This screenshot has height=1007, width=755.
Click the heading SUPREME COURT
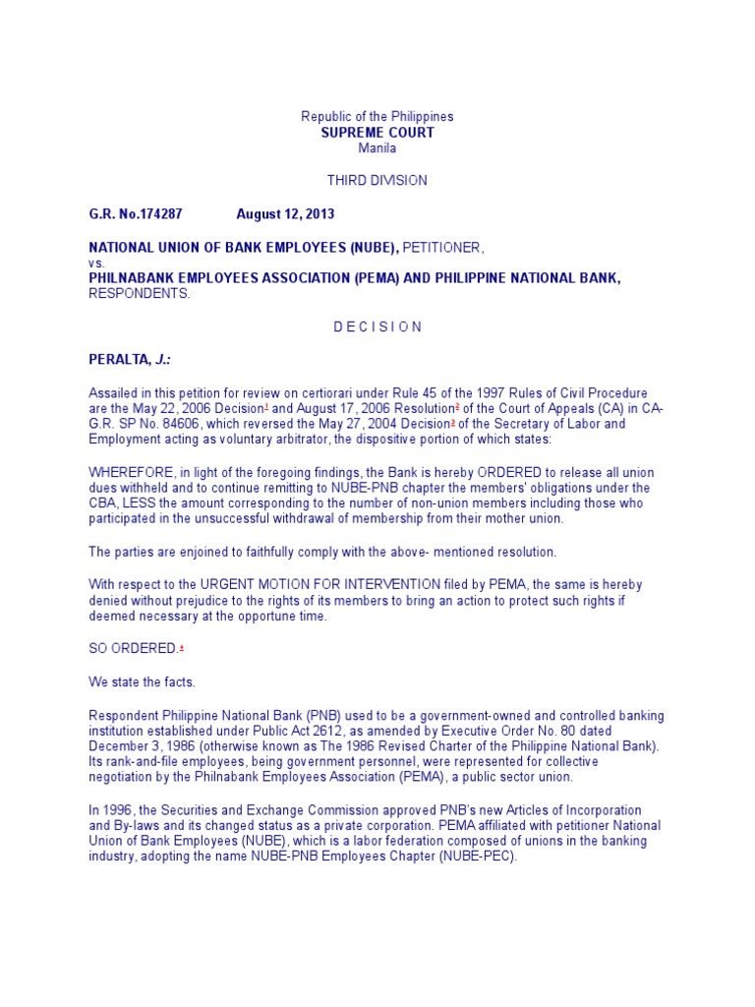point(377,133)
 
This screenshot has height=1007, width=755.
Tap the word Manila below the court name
point(377,148)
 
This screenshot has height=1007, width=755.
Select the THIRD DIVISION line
point(377,181)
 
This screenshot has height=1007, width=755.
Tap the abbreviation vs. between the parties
point(96,263)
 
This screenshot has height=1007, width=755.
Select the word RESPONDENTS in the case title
point(140,293)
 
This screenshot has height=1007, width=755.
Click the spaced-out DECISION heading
point(377,326)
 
